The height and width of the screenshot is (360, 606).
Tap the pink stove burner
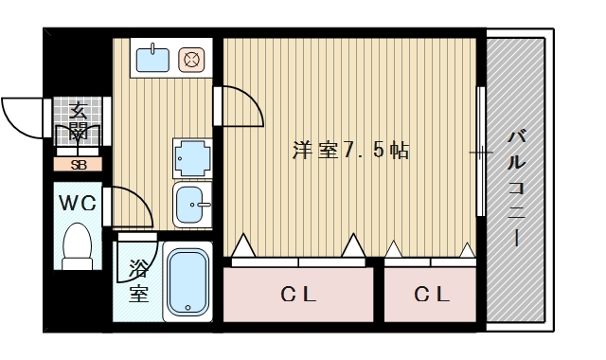tap(192, 61)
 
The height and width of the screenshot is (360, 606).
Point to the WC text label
tap(76, 202)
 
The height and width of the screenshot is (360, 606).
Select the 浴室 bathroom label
tap(138, 281)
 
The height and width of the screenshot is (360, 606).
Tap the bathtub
tap(190, 281)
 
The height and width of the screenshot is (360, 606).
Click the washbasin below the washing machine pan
tap(193, 204)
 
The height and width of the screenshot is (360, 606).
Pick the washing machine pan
tap(193, 157)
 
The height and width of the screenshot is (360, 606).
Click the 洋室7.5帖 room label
tap(350, 151)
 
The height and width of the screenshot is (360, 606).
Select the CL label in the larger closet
tap(298, 295)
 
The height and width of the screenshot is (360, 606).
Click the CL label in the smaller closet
tap(430, 295)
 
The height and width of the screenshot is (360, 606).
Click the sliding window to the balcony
tap(481, 152)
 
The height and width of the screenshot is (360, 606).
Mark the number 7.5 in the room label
tap(362, 151)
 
